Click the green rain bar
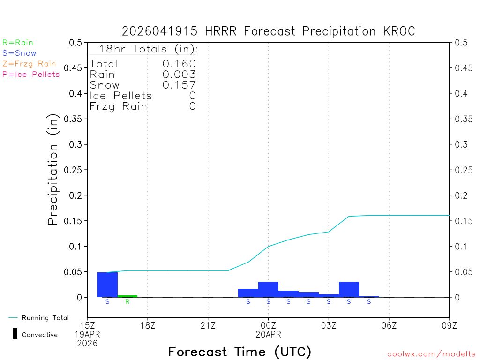tap(127, 296)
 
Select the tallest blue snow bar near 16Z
tap(107, 285)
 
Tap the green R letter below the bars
tap(127, 301)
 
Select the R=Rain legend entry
tap(18, 43)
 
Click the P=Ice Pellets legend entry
tap(31, 74)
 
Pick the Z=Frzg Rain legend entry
tap(29, 64)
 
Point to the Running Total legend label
tap(45, 318)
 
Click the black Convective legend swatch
tap(15, 334)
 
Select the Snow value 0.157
tap(179, 85)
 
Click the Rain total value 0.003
tap(179, 75)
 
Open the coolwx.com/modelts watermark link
tap(431, 354)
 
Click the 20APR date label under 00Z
tap(268, 335)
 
